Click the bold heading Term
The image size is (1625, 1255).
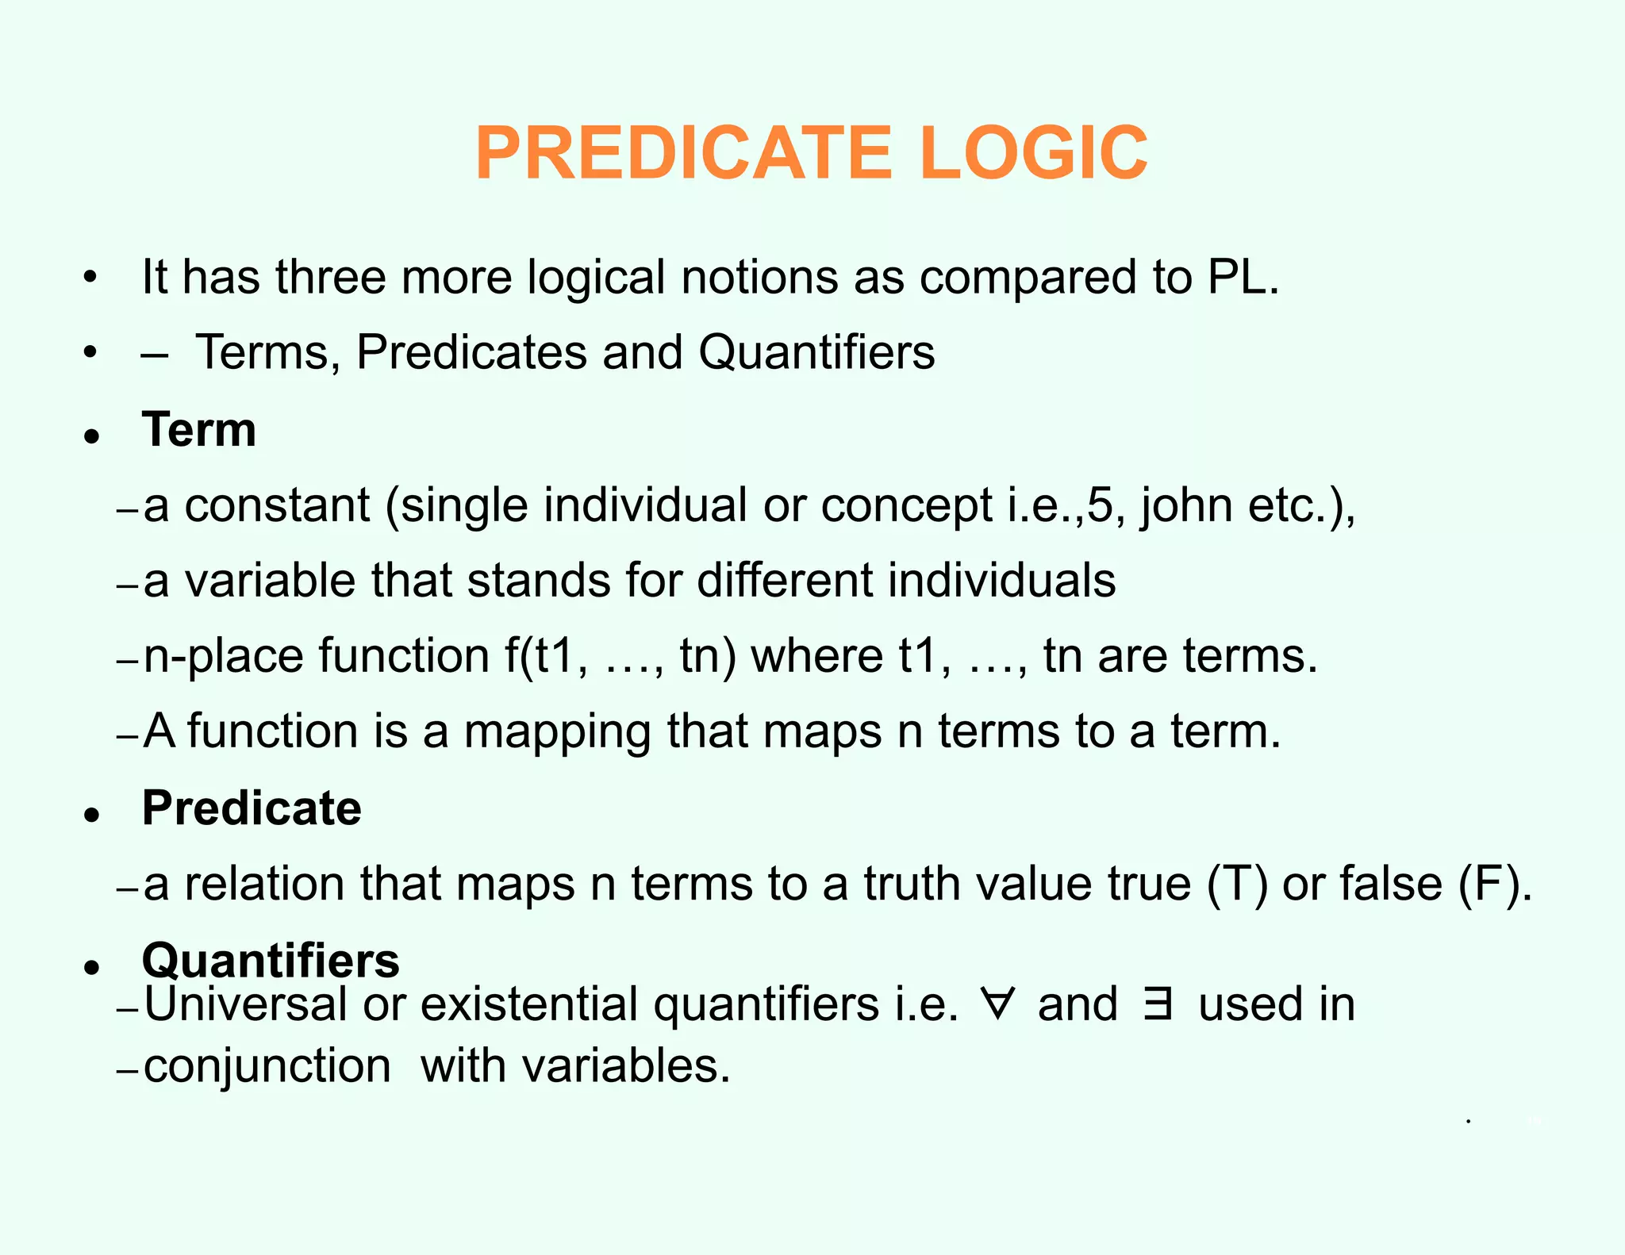pyautogui.click(x=199, y=430)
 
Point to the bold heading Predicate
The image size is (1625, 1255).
pyautogui.click(x=252, y=808)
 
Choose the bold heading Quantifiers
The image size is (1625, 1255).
pyautogui.click(x=271, y=961)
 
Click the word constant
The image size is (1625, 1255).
pyautogui.click(x=277, y=506)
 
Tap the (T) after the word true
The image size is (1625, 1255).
pyautogui.click(x=1237, y=885)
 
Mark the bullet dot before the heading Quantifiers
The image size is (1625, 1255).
pyautogui.click(x=93, y=967)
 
